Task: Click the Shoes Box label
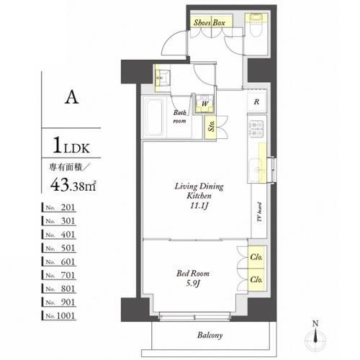[x=210, y=23]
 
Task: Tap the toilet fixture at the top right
[x=256, y=25]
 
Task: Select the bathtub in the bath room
[x=154, y=117]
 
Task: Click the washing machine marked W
[x=204, y=104]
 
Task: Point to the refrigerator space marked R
[x=257, y=102]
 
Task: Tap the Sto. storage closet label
[x=211, y=125]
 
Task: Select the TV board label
[x=259, y=212]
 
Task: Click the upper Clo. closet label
[x=256, y=257]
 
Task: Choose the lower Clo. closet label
[x=256, y=279]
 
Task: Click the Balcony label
[x=210, y=335]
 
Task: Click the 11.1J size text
[x=199, y=206]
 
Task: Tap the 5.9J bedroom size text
[x=193, y=284]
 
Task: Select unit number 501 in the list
[x=60, y=248]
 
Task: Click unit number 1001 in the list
[x=60, y=315]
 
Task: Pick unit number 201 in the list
[x=60, y=207]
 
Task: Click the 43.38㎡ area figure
[x=73, y=185]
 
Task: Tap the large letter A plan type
[x=71, y=98]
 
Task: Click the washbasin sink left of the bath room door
[x=161, y=77]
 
